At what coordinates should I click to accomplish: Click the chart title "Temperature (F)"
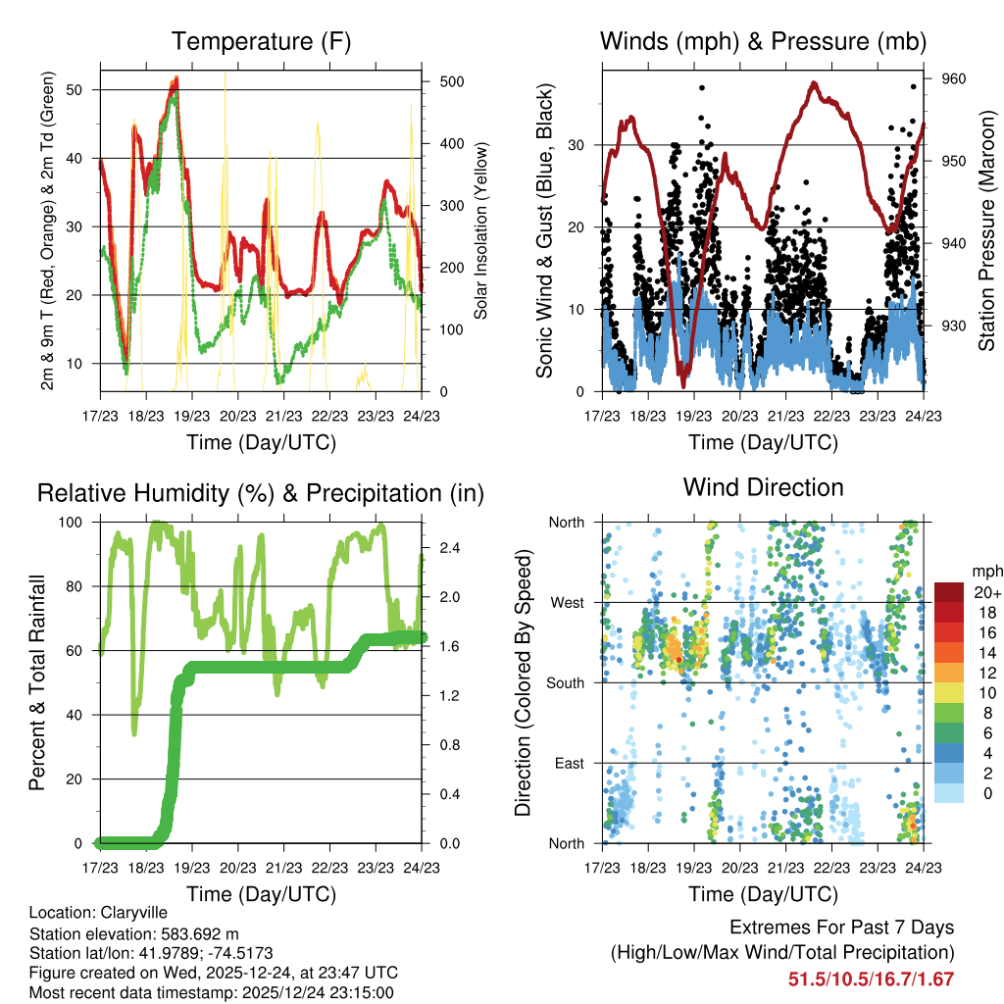[x=261, y=41]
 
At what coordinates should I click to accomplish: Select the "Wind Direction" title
[x=763, y=487]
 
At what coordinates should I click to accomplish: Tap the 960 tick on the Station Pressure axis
[x=954, y=78]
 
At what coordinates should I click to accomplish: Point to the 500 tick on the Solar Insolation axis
[x=451, y=81]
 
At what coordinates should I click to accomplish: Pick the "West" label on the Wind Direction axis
[x=566, y=602]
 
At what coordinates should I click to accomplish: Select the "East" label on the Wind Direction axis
[x=568, y=763]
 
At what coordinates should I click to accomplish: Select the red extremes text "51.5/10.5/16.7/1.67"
[x=871, y=979]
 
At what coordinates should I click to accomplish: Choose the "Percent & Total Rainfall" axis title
[x=37, y=683]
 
